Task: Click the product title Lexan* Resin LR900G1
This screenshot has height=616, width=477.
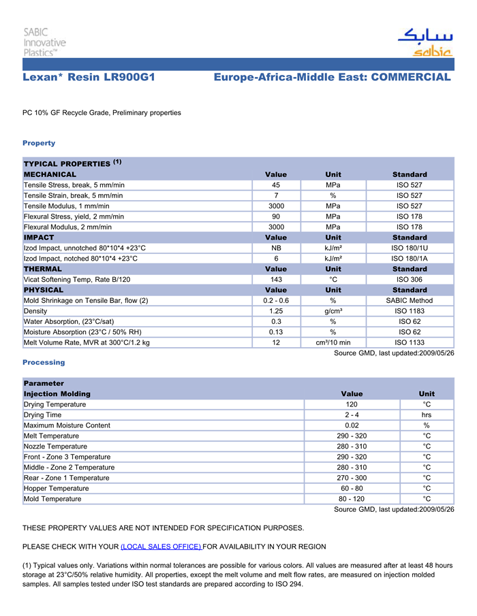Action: click(x=89, y=78)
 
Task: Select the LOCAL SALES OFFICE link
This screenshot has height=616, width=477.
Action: click(x=161, y=547)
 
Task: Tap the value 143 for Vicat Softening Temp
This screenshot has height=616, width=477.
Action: click(x=276, y=279)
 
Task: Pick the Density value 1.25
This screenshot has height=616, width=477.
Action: click(x=276, y=311)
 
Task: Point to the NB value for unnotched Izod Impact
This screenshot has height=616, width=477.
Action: click(x=276, y=248)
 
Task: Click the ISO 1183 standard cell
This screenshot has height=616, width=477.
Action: click(x=410, y=311)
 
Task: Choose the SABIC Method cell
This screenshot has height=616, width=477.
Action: click(x=410, y=300)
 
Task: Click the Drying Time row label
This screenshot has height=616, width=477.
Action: click(x=42, y=415)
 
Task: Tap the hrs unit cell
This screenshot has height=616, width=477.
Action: click(x=427, y=415)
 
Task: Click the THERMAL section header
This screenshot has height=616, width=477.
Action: click(x=43, y=269)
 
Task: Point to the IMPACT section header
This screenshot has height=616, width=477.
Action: click(x=39, y=237)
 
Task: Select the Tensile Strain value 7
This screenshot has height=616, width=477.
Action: click(x=276, y=195)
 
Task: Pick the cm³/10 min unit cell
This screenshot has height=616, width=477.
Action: click(x=333, y=342)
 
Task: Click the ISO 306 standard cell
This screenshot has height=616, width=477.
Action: click(x=410, y=279)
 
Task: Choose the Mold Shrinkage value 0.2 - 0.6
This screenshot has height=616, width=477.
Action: click(x=276, y=300)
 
